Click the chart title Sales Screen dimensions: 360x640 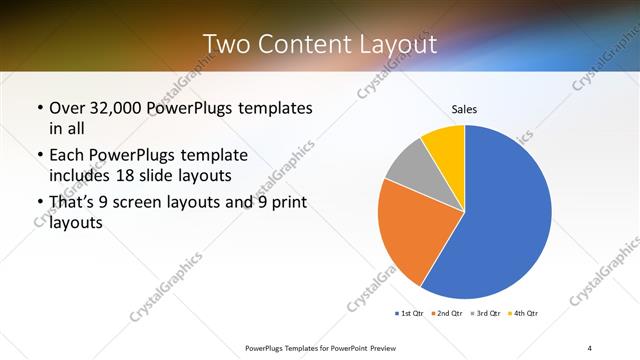click(x=464, y=108)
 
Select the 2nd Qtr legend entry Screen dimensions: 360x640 click(x=446, y=314)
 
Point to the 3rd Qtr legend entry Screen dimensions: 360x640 click(x=484, y=314)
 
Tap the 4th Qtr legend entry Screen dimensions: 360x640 click(x=522, y=314)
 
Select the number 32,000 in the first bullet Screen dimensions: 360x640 click(x=123, y=108)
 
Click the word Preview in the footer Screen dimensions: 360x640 click(x=368, y=347)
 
